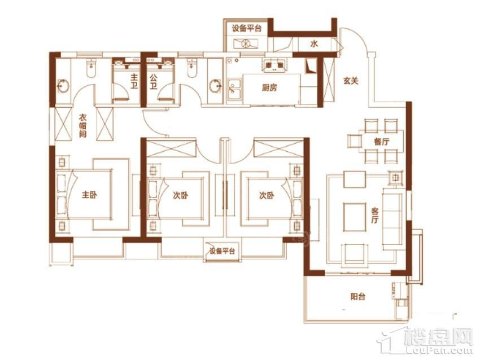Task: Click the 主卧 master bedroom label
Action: tap(89, 195)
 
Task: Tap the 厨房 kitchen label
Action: tap(269, 88)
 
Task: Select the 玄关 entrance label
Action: tap(351, 81)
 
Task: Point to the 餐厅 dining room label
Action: tap(381, 142)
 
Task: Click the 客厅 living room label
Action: tap(375, 216)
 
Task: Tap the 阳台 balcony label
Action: tap(358, 296)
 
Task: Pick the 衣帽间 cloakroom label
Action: tap(82, 126)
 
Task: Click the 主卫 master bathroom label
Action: tap(134, 81)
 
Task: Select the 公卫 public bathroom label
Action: tap(153, 81)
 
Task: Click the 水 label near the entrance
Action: tap(314, 44)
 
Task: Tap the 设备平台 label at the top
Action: tap(246, 29)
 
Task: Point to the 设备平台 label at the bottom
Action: tap(222, 252)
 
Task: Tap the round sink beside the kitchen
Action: tap(216, 86)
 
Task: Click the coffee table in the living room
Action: tap(355, 217)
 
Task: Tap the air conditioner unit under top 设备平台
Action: tap(246, 44)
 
